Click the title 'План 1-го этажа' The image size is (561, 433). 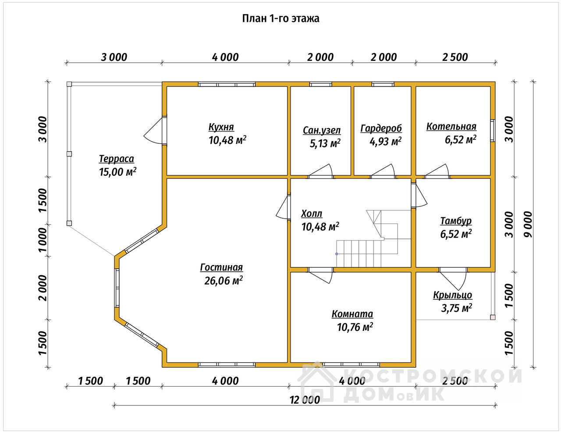[280, 18]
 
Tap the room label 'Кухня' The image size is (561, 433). [221, 127]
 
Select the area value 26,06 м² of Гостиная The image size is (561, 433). [224, 280]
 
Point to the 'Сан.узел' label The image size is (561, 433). [322, 131]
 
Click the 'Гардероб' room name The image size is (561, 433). [381, 128]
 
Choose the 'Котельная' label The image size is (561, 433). [451, 127]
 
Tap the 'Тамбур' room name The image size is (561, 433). [456, 221]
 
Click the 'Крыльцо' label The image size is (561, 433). [453, 295]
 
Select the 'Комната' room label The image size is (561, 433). [352, 314]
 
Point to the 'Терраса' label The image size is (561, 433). [117, 159]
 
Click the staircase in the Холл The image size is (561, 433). [373, 238]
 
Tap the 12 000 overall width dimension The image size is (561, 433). [305, 400]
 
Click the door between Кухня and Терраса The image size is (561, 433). [156, 131]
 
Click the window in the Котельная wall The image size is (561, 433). [493, 130]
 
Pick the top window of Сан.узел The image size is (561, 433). [321, 84]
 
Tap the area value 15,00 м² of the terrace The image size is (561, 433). [118, 172]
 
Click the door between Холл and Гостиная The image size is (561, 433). [284, 207]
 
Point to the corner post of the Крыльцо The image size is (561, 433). [493, 317]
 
